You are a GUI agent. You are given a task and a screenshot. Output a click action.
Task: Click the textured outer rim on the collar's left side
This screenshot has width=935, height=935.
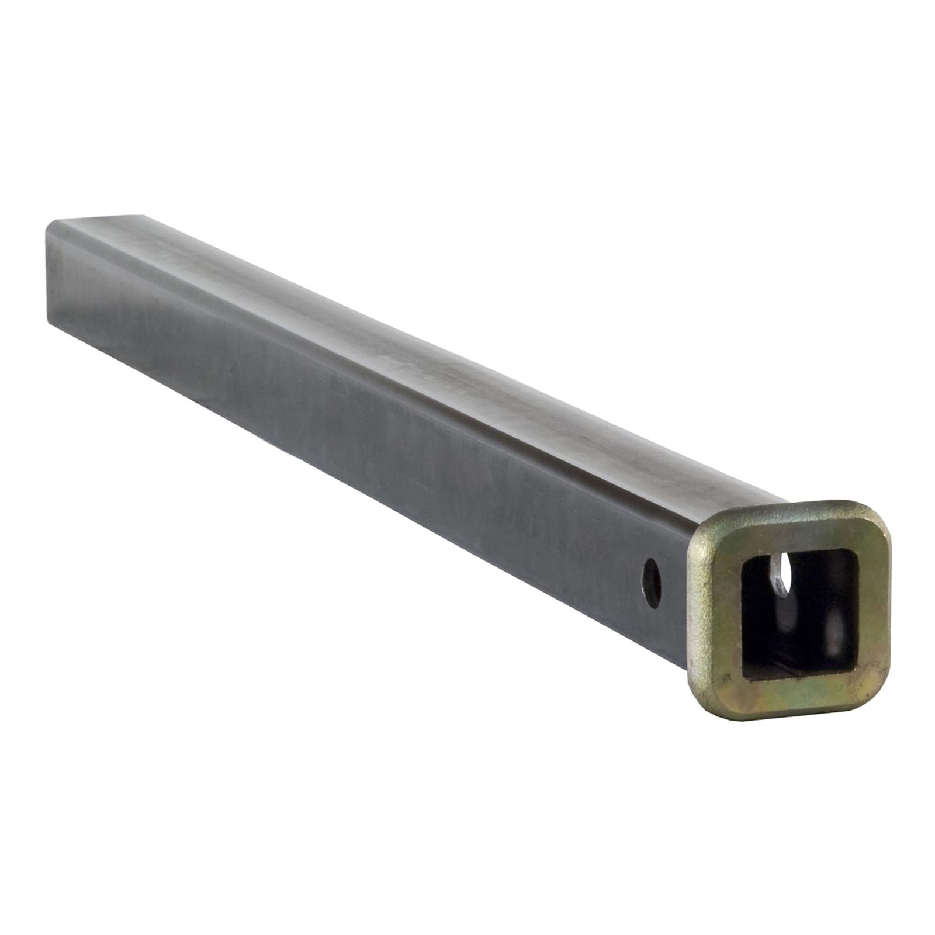695,614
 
